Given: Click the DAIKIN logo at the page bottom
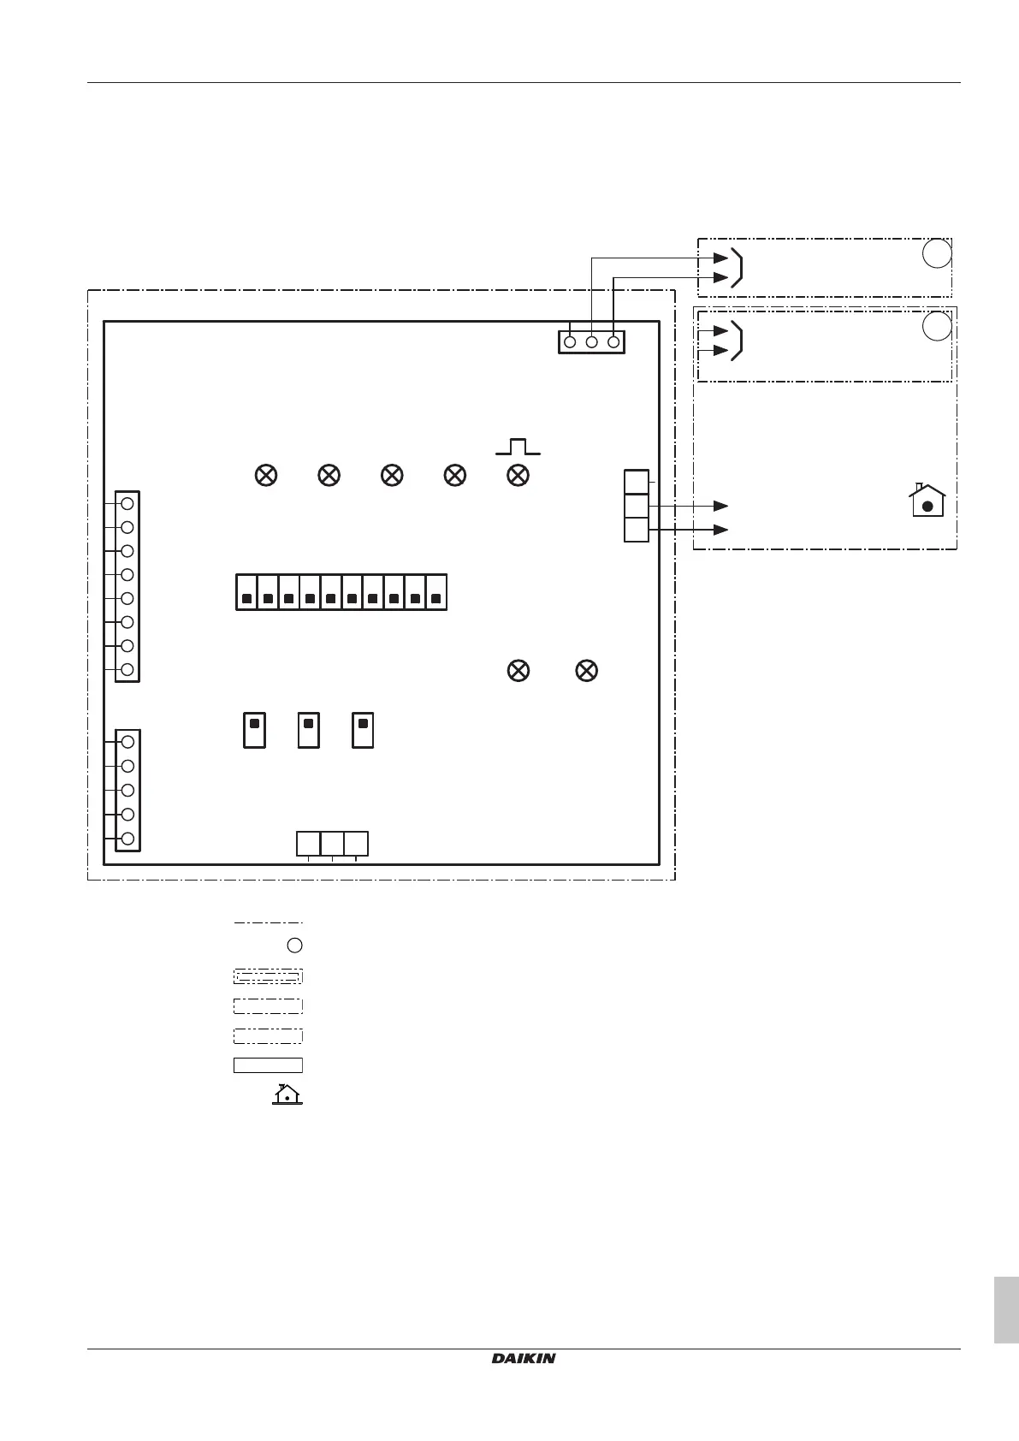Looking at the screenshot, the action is (x=524, y=1358).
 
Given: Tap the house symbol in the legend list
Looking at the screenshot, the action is (x=287, y=1094).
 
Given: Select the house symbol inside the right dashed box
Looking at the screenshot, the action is (x=927, y=501).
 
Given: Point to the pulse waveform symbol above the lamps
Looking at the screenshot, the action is (x=518, y=446).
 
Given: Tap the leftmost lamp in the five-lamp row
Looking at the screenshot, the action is (x=266, y=476).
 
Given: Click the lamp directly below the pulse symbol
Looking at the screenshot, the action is (x=518, y=476).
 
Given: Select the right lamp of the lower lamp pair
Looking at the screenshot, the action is (x=586, y=671).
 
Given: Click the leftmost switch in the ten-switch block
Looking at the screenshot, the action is (x=246, y=593).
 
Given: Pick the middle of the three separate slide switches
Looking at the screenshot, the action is (x=309, y=730).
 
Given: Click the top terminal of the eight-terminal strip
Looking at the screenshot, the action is (x=127, y=503).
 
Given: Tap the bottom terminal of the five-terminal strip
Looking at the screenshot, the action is (x=127, y=839).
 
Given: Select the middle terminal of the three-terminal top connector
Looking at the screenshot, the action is (x=591, y=342).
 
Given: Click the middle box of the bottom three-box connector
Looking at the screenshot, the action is (x=332, y=843).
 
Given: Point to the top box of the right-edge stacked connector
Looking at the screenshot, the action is (x=637, y=482).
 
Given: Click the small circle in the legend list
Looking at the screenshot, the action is (x=294, y=946).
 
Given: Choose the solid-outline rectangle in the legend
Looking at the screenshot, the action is (x=268, y=1065).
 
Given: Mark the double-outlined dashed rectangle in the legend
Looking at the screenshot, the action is (x=268, y=976).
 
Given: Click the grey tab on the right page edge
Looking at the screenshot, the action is (x=1006, y=1310).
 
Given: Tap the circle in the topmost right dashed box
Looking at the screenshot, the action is (x=938, y=254).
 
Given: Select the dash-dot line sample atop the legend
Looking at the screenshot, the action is (x=268, y=922).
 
